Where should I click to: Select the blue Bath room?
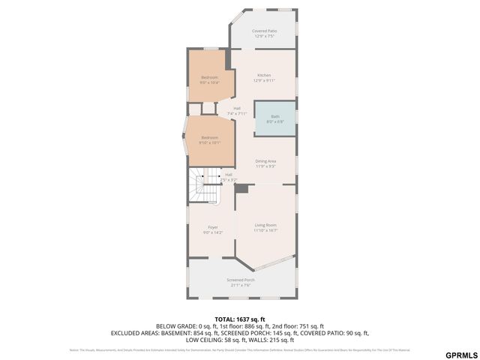[274, 118]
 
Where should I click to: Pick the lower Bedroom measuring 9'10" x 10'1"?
[209, 139]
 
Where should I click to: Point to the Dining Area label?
[265, 163]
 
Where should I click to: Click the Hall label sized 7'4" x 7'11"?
[237, 110]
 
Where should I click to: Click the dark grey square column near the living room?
[241, 189]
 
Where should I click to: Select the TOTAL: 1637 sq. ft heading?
[239, 319]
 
